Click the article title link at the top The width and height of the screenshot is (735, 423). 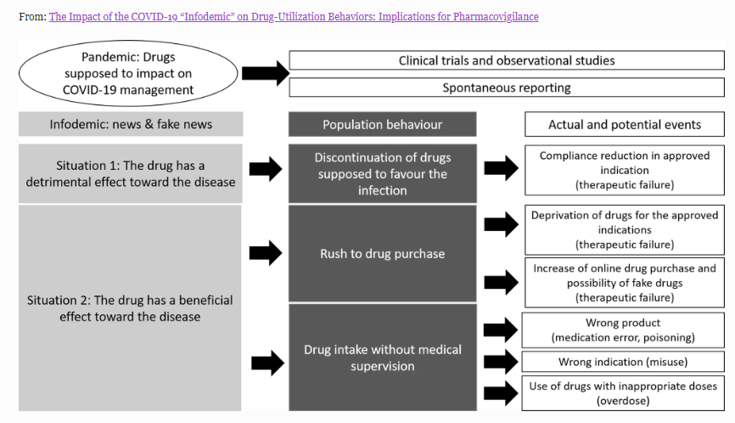pos(294,17)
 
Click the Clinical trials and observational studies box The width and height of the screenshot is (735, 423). pos(507,61)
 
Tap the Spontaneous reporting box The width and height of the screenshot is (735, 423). pos(507,87)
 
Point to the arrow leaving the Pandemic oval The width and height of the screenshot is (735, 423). pos(265,74)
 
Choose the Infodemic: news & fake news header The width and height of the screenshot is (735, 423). pos(131,124)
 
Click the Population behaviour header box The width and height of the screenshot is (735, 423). pos(382,124)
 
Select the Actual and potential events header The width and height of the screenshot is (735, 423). pos(624,124)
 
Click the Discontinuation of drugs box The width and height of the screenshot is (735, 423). pos(382,173)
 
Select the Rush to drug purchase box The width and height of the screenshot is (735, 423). pos(382,253)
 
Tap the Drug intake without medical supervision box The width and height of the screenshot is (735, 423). pos(382,358)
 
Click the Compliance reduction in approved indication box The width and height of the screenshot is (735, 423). pos(624,170)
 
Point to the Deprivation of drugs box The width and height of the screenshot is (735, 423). pos(624,229)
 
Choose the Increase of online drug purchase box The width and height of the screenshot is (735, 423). pos(624,282)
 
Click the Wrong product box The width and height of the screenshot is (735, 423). pos(624,330)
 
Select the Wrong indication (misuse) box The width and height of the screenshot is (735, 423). pos(624,362)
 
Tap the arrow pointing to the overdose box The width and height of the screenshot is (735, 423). pos(500,392)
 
